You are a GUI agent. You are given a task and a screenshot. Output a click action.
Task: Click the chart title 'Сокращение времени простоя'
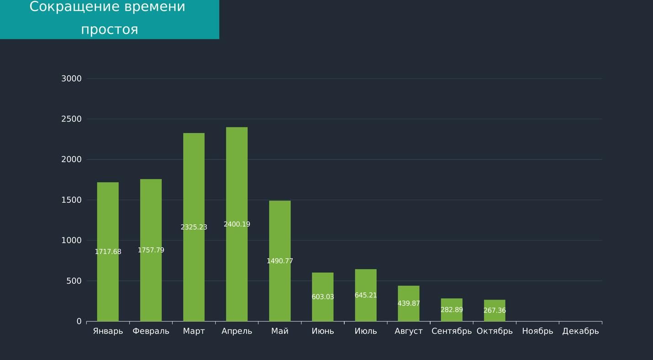pyautogui.click(x=108, y=18)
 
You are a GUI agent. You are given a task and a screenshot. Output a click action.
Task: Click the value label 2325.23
pyautogui.click(x=194, y=227)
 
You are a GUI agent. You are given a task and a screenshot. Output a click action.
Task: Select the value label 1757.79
pyautogui.click(x=151, y=250)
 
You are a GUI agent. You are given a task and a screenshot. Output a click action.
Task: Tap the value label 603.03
pyautogui.click(x=322, y=297)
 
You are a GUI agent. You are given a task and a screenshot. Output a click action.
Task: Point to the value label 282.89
pyautogui.click(x=452, y=310)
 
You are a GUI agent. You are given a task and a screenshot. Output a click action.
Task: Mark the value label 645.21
pyautogui.click(x=365, y=295)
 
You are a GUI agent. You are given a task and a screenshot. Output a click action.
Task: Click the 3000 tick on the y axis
pyautogui.click(x=71, y=79)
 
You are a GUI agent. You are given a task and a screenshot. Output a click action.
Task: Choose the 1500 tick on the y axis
pyautogui.click(x=71, y=200)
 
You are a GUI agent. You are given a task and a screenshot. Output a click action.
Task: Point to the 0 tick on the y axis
pyautogui.click(x=79, y=322)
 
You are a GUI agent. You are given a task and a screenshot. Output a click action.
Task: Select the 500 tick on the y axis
pyautogui.click(x=74, y=281)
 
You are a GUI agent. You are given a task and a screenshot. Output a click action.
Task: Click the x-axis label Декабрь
pyautogui.click(x=580, y=331)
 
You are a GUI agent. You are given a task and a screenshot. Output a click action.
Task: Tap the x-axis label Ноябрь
pyautogui.click(x=537, y=331)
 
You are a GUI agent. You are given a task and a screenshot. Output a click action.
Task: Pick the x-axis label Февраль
pyautogui.click(x=151, y=331)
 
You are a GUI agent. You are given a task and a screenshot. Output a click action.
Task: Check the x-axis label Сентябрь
pyautogui.click(x=452, y=331)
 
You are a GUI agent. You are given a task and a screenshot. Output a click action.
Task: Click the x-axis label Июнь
pyautogui.click(x=322, y=331)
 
